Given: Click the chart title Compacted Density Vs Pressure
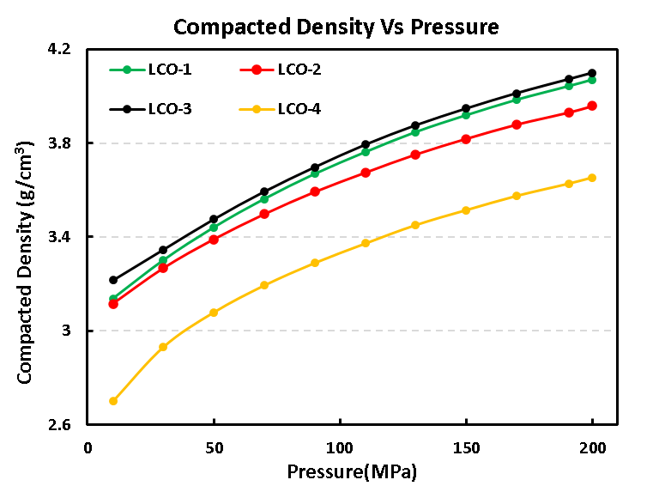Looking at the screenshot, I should (x=336, y=27).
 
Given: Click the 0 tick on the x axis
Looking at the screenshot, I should (x=88, y=447).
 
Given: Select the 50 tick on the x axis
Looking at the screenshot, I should (x=214, y=447).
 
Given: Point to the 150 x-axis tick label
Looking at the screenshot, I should (x=466, y=447).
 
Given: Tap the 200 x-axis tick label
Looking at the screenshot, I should (x=592, y=447).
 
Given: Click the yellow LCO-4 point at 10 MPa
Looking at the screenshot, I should (x=113, y=401).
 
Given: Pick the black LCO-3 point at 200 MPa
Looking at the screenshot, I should (x=592, y=73).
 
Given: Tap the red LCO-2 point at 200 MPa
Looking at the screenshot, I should (x=592, y=106).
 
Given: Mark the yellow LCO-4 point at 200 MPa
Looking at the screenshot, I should (x=592, y=178).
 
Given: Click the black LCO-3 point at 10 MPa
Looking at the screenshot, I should (x=113, y=280).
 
